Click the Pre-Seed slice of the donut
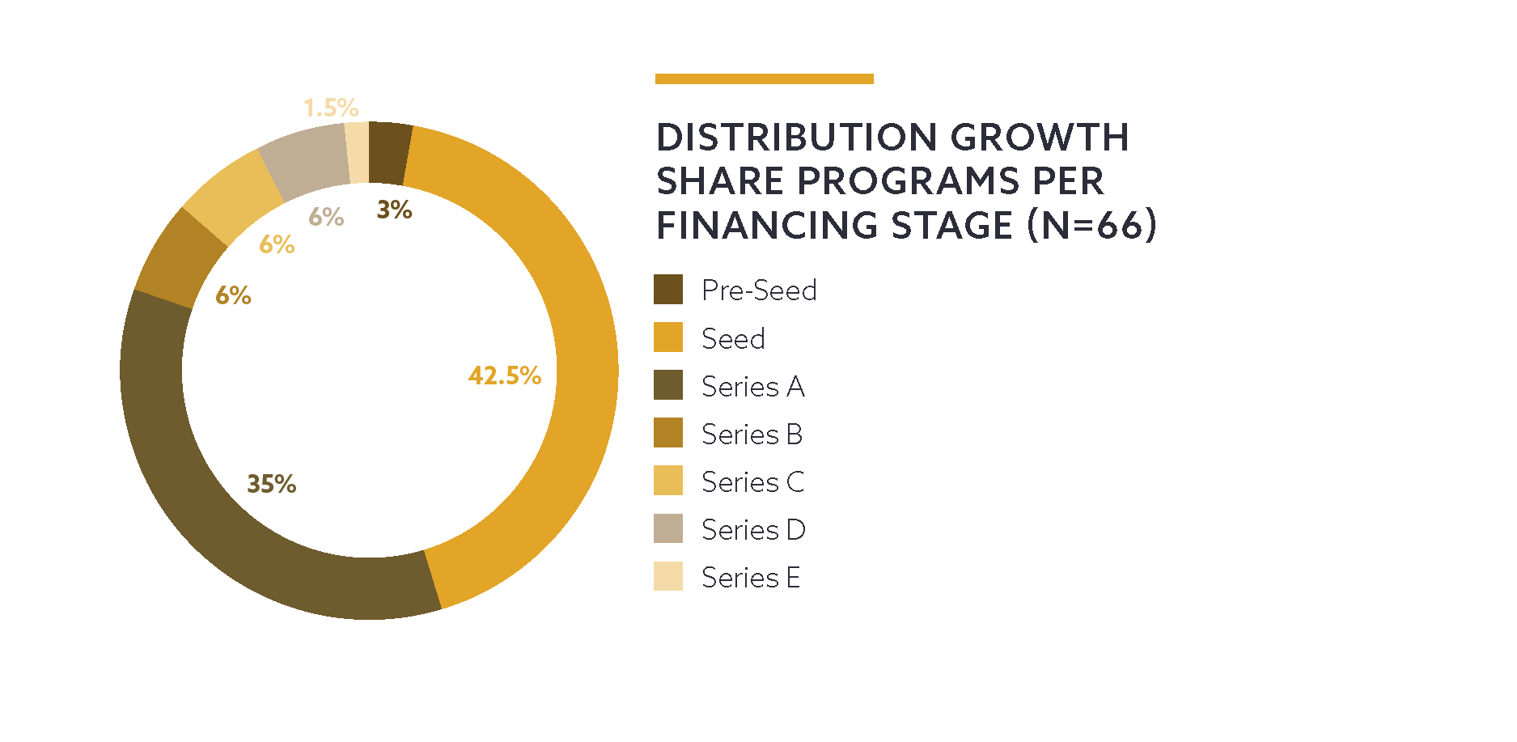pos(388,152)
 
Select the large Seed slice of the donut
pos(566,324)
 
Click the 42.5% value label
pos(505,375)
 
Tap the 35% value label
pos(271,484)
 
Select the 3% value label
pos(395,210)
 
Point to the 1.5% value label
pos(331,108)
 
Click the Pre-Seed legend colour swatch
pos(668,290)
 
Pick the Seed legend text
pos(733,338)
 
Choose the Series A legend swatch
pos(668,385)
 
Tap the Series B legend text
pos(752,435)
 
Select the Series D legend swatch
pos(668,529)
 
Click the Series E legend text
pos(751,578)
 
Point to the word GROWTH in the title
pos(1040,138)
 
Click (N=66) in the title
pos(1092,225)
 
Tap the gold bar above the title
pos(764,78)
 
